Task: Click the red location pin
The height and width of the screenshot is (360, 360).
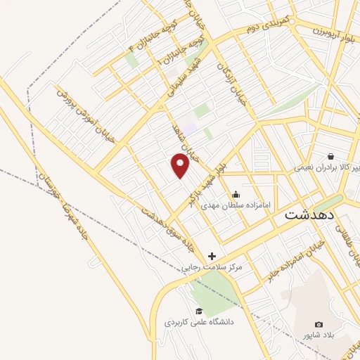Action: tap(181, 165)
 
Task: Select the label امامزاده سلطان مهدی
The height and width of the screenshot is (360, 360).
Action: tap(234, 205)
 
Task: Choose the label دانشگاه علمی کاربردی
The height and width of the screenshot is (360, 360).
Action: tap(199, 322)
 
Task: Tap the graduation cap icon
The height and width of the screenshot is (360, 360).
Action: tap(199, 311)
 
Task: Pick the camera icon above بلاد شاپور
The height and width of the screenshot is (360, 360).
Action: tap(319, 324)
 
